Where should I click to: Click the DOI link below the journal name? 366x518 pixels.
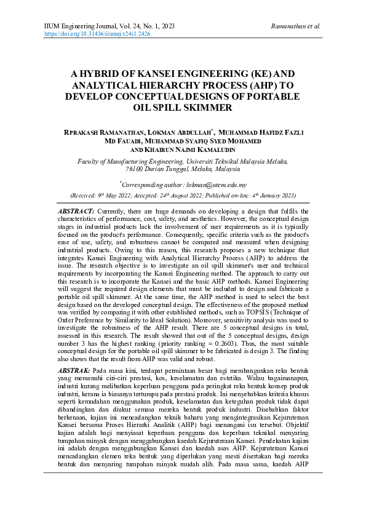[98, 34]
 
